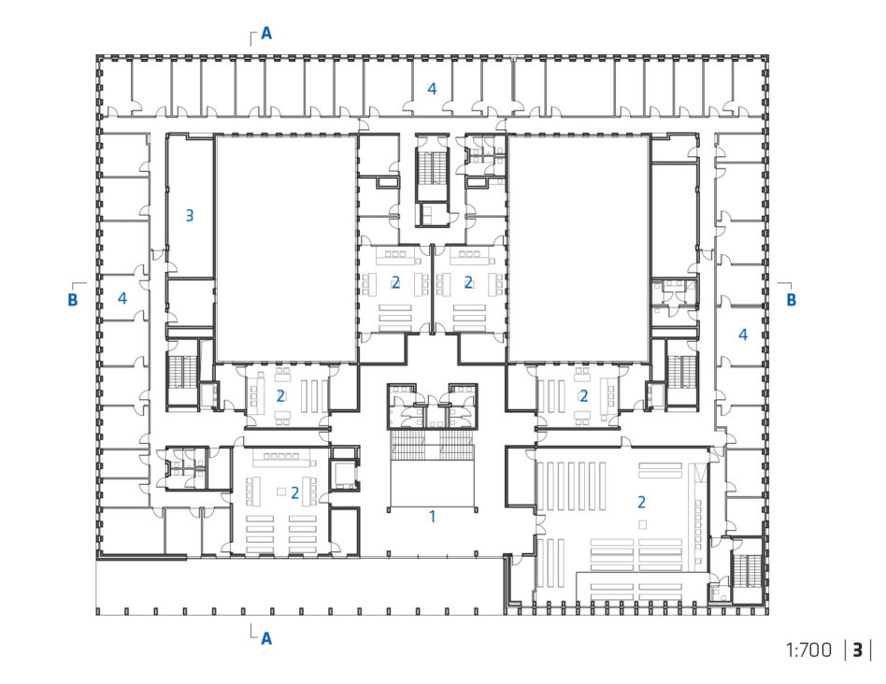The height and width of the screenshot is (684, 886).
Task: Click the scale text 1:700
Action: pyautogui.click(x=808, y=650)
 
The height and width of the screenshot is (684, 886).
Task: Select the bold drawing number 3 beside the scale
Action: pyautogui.click(x=858, y=650)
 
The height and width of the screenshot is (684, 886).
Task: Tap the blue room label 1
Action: pyautogui.click(x=433, y=516)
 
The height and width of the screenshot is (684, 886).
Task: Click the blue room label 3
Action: pyautogui.click(x=190, y=215)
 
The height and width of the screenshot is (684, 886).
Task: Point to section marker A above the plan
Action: pyautogui.click(x=266, y=34)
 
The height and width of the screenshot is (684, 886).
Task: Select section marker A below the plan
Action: pyautogui.click(x=266, y=638)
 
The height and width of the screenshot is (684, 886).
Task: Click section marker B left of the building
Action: pyautogui.click(x=72, y=299)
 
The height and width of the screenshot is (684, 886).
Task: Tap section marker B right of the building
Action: pyautogui.click(x=791, y=299)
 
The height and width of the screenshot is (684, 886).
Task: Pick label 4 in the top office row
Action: pyautogui.click(x=432, y=89)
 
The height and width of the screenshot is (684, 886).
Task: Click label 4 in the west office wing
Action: pyautogui.click(x=122, y=298)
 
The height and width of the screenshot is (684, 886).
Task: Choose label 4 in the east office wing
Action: pyautogui.click(x=743, y=335)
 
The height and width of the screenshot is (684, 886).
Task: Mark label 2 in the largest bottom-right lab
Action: pyautogui.click(x=641, y=502)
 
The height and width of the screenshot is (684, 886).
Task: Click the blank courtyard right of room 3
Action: pyautogui.click(x=286, y=249)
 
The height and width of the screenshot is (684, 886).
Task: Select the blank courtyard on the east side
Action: pyautogui.click(x=578, y=249)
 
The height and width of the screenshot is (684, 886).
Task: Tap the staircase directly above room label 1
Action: pyautogui.click(x=433, y=446)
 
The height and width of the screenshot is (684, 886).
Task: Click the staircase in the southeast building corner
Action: pyautogui.click(x=747, y=572)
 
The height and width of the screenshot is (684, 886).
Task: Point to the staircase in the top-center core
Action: pyautogui.click(x=433, y=166)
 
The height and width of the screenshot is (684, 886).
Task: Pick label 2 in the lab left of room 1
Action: pyautogui.click(x=294, y=493)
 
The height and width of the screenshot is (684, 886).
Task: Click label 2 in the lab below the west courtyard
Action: pyautogui.click(x=280, y=396)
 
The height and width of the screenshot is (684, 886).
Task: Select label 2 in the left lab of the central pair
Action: pyautogui.click(x=395, y=282)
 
